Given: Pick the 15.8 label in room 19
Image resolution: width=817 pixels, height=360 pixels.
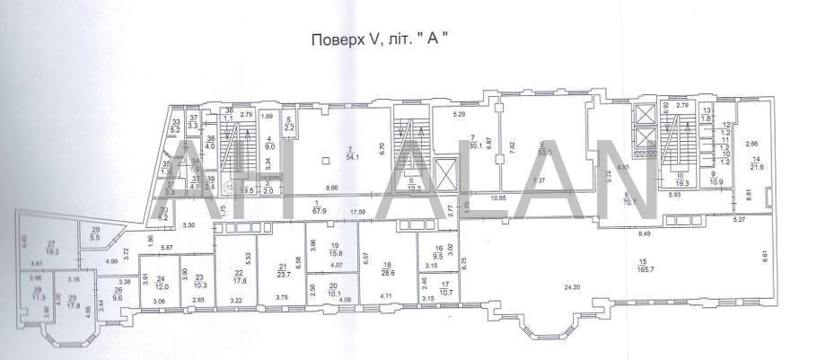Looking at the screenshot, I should pos(333,253).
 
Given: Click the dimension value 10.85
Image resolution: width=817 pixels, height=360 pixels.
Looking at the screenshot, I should pos(499,197).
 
